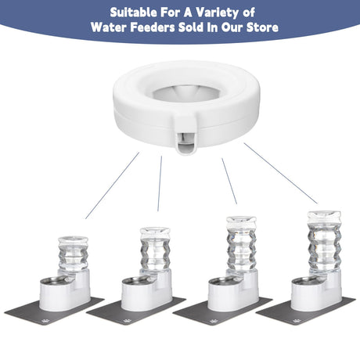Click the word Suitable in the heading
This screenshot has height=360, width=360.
coord(133,13)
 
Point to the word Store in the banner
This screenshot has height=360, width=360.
coord(262,27)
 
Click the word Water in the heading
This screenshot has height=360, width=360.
coord(109,27)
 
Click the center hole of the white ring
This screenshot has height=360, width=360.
coord(185,93)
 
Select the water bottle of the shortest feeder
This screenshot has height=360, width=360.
coord(73,254)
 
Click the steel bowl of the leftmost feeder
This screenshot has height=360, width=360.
coord(55,282)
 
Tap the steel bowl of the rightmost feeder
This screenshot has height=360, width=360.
coord(306,282)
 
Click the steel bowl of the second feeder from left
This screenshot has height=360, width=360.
coord(136,282)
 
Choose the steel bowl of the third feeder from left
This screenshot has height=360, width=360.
coord(223,282)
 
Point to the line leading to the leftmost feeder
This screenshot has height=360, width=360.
coord(113,185)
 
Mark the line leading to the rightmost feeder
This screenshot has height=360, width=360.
coord(281,173)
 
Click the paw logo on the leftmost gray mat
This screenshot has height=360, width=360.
coord(46,321)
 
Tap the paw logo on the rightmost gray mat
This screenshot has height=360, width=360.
coord(297,321)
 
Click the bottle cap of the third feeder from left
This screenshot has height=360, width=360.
coord(241,221)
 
